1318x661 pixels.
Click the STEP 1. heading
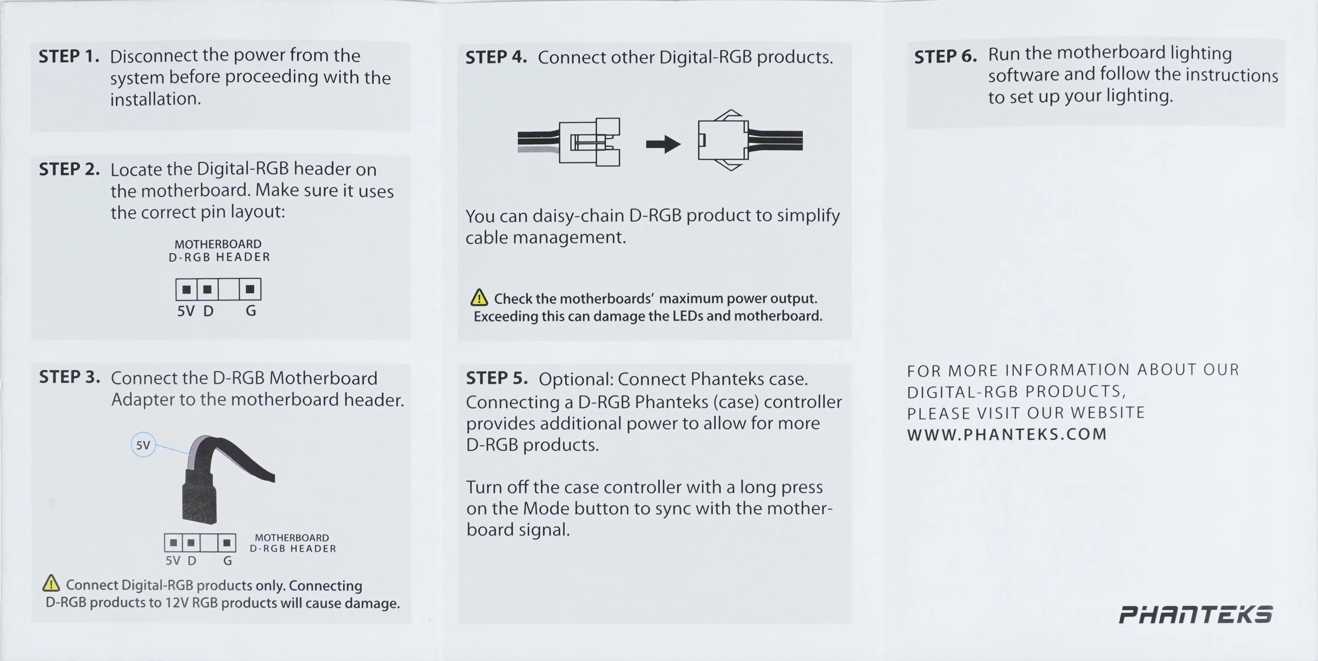click(x=69, y=56)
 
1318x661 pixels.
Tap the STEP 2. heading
click(x=70, y=169)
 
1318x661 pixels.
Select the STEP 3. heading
click(x=70, y=377)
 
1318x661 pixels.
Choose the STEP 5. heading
click(x=496, y=378)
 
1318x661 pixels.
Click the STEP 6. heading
click(x=945, y=56)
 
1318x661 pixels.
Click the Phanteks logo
click(x=1196, y=614)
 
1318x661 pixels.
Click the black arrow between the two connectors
click(x=663, y=144)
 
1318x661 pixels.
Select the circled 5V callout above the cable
click(x=143, y=445)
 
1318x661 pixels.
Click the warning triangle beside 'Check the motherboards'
click(x=479, y=297)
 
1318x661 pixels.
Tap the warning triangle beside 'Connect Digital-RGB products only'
click(x=51, y=583)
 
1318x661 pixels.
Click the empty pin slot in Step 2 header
click(x=228, y=289)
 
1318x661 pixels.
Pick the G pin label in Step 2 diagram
click(x=251, y=311)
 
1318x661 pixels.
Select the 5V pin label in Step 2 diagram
click(x=186, y=311)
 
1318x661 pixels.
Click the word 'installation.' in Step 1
click(x=156, y=99)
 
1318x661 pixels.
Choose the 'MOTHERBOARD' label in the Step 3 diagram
click(x=292, y=538)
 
